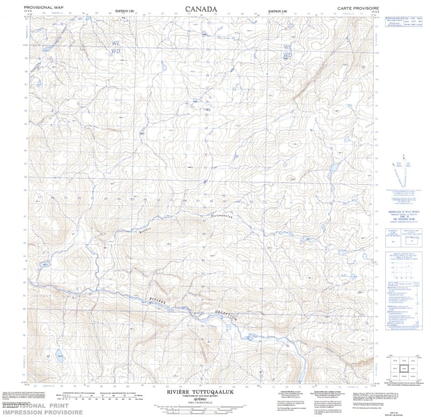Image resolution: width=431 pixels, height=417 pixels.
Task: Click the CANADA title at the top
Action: [x=201, y=9]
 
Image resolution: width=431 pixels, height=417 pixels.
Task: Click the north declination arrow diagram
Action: [x=400, y=171]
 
